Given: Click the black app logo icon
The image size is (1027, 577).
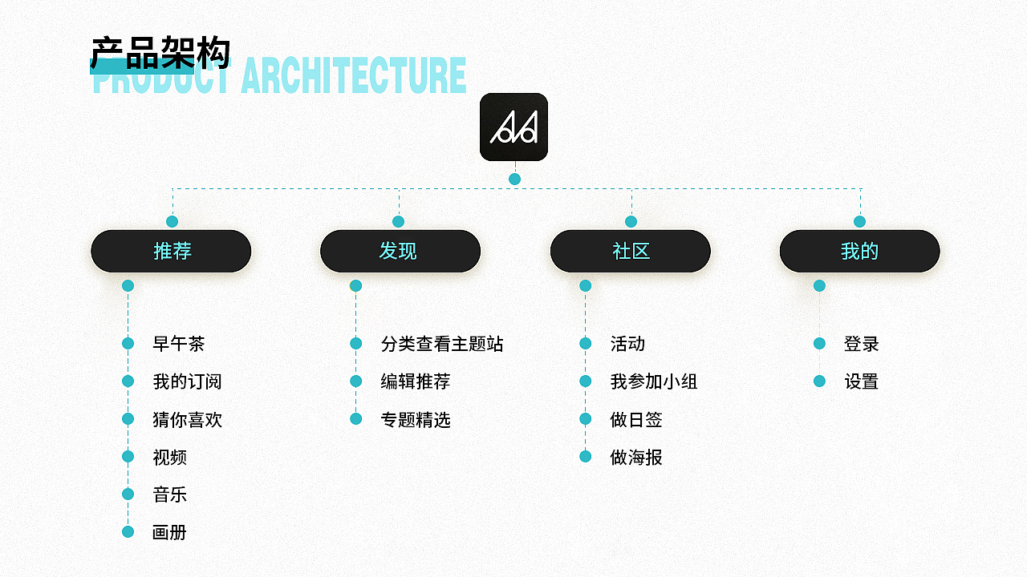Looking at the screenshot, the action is (x=514, y=127).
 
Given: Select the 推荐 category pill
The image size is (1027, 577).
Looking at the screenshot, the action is (x=171, y=251).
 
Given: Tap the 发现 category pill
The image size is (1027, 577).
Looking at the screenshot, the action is (x=400, y=251).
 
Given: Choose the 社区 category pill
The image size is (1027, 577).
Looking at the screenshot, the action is (x=631, y=251).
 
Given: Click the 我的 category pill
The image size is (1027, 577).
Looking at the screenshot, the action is (x=859, y=251).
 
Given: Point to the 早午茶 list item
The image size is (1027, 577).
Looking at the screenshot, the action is (x=178, y=344).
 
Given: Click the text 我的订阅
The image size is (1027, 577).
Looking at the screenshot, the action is (x=187, y=381).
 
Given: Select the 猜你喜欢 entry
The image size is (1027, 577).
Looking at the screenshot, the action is (x=187, y=419).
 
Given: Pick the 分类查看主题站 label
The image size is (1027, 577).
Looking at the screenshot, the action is (x=442, y=344).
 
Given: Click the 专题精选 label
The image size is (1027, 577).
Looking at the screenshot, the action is (x=416, y=419).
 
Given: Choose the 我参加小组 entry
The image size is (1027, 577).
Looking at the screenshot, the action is (x=654, y=381).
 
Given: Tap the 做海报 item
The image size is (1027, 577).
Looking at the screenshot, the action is (x=636, y=457).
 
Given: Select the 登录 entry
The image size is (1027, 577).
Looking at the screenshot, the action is (x=862, y=344).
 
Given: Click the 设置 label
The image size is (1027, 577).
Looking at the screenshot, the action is (x=862, y=381).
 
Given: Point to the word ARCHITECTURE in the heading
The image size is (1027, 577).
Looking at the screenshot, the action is (x=354, y=75).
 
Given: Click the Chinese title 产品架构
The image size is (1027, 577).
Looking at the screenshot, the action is (x=160, y=53).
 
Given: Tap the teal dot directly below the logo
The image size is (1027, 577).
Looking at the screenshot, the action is (x=514, y=179).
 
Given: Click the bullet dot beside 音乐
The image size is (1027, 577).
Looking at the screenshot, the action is (x=128, y=494).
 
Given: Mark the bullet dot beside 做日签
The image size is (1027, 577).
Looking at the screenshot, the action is (x=586, y=419).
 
